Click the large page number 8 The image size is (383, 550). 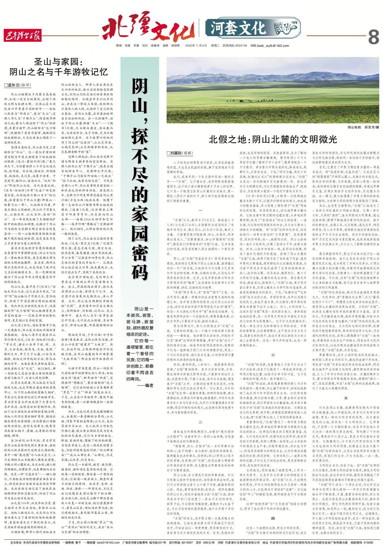pos(373,37)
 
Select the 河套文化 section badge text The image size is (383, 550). pos(238,28)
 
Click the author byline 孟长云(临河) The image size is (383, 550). pos(18,85)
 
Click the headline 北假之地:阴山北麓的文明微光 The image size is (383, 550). pos(273,139)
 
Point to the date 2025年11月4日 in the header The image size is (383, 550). pos(196,46)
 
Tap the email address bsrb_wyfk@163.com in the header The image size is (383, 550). pos(274,46)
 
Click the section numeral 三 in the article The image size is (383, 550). pos(273,355)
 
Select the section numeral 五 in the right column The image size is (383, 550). pos(346,398)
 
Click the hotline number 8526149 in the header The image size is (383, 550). pos(241,46)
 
